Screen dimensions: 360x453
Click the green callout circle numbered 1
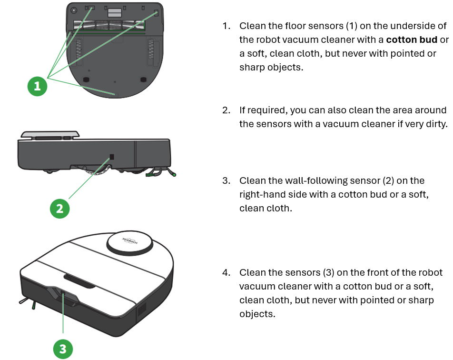[x=37, y=86]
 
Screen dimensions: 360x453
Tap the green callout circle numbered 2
[x=59, y=208]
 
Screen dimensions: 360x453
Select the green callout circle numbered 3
[x=63, y=350]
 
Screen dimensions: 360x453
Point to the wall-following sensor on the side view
[x=112, y=156]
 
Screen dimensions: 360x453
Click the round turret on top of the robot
[x=129, y=241]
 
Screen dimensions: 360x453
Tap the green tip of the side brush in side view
[x=174, y=175]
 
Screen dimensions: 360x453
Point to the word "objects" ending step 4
[x=257, y=314]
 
